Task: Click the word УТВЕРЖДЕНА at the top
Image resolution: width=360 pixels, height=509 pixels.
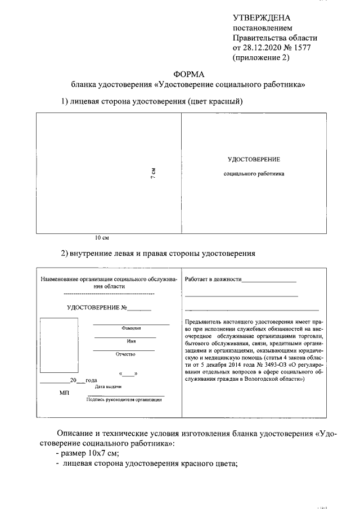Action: point(262,19)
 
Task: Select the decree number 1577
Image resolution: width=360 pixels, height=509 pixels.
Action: point(299,47)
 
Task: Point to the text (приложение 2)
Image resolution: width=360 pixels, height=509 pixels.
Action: point(261,57)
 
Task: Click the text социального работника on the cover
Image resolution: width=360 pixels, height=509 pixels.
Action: point(254,174)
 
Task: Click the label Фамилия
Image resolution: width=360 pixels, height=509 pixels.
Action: point(131,328)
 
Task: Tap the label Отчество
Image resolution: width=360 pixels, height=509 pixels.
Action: point(126,354)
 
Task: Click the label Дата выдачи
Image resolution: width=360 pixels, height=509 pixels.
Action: point(108,386)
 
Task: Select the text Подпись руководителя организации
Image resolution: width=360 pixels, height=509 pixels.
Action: point(124,399)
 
